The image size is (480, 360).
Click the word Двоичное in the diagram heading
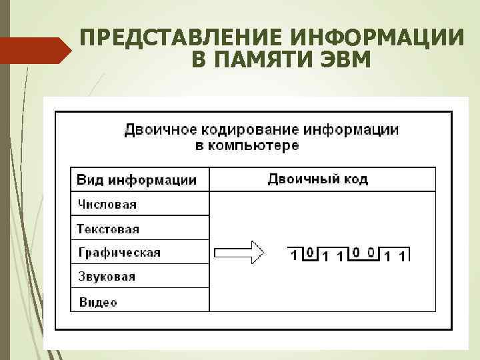pyautogui.click(x=157, y=129)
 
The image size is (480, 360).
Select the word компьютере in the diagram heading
pyautogui.click(x=256, y=145)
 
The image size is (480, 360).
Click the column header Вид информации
pyautogui.click(x=137, y=180)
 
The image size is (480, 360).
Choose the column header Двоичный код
pyautogui.click(x=317, y=179)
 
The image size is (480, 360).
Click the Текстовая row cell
pyautogui.click(x=108, y=229)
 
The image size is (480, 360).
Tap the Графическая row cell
pyautogui.click(x=119, y=253)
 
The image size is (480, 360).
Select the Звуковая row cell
pyautogui.click(x=106, y=277)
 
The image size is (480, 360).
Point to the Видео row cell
pyautogui.click(x=98, y=302)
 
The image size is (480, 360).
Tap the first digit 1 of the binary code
pyautogui.click(x=294, y=254)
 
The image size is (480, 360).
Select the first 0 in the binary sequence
pyautogui.click(x=309, y=253)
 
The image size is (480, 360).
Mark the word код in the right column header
pyautogui.click(x=353, y=179)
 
